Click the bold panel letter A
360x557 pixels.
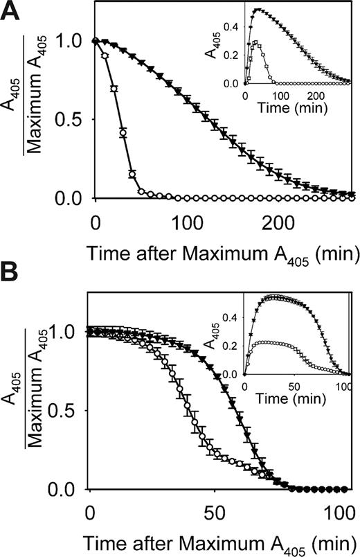[x=12, y=13]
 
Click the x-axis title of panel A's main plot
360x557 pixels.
[x=222, y=253]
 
